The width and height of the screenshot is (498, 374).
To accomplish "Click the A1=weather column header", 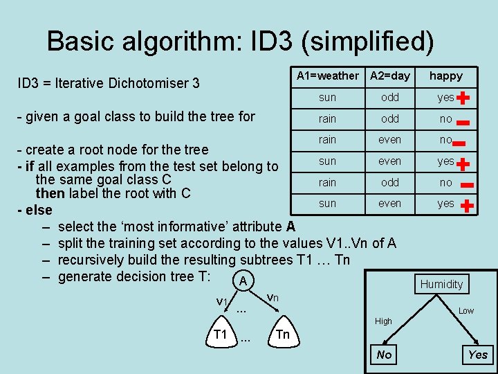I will pyautogui.click(x=327, y=75).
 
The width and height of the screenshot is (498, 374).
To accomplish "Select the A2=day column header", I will pyautogui.click(x=390, y=75).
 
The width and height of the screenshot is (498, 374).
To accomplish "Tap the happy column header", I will pyautogui.click(x=446, y=75).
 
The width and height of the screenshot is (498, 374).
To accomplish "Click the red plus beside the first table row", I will pyautogui.click(x=463, y=98).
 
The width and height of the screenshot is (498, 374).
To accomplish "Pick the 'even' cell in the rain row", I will pyautogui.click(x=390, y=140).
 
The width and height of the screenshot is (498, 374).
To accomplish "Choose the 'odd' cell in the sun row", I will pyautogui.click(x=390, y=98).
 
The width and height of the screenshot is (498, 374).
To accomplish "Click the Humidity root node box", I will pyautogui.click(x=441, y=284).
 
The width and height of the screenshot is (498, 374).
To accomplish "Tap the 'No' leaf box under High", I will pyautogui.click(x=384, y=355).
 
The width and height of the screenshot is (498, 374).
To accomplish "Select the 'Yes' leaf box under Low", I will pyautogui.click(x=478, y=355).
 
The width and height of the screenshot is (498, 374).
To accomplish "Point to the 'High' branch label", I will pyautogui.click(x=383, y=321).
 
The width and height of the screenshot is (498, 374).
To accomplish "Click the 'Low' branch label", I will pyautogui.click(x=466, y=311).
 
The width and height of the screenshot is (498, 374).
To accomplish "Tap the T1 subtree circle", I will pyautogui.click(x=221, y=335).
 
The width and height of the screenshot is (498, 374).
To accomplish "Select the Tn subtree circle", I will pyautogui.click(x=282, y=335).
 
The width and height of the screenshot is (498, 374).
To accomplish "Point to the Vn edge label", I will pyautogui.click(x=273, y=297).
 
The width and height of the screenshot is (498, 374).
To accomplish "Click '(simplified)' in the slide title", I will pyautogui.click(x=367, y=42).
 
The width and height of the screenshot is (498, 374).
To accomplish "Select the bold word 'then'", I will pyautogui.click(x=50, y=193).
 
